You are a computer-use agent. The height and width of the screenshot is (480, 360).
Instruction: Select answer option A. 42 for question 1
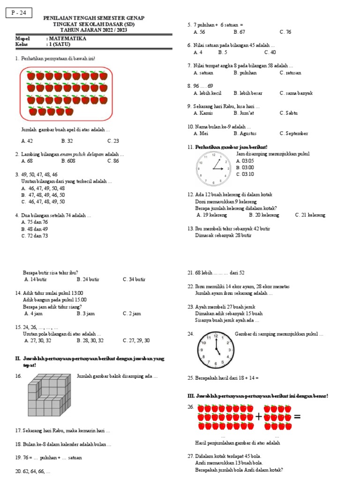point(27,141)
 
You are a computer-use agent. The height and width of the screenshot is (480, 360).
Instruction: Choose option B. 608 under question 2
point(68,161)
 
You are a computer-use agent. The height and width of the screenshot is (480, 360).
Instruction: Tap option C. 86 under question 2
point(113,161)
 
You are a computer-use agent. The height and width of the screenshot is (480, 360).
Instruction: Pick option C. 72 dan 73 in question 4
point(35,236)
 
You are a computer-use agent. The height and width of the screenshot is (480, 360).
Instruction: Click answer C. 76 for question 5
point(285,32)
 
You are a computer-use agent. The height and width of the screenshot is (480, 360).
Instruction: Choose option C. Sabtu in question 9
point(289,113)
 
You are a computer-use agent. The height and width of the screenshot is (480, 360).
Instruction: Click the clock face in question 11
point(213,168)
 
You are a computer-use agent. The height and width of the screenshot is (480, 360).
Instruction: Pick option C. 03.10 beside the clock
point(245,174)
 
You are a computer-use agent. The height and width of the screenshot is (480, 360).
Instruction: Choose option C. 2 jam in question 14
point(132,314)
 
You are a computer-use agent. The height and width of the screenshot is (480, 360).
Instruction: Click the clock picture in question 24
point(215,350)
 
